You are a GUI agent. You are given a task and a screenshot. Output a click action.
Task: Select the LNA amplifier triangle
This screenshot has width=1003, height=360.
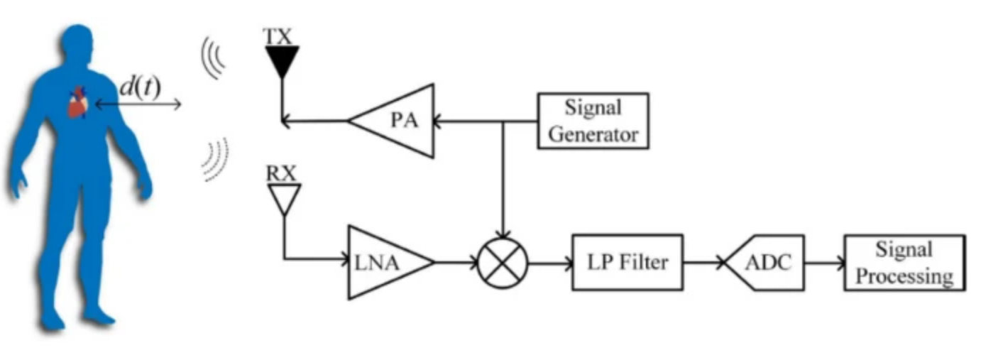click(x=383, y=263)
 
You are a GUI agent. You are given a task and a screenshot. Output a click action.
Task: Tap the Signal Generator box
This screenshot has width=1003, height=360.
click(x=593, y=121)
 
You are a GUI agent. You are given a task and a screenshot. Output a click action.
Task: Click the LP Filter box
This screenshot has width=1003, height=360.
click(x=627, y=262)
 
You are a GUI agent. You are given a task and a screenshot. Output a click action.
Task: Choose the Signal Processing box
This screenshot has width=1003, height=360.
click(x=904, y=263)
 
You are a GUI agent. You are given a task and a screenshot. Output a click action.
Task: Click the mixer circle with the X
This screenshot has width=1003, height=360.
click(x=503, y=263)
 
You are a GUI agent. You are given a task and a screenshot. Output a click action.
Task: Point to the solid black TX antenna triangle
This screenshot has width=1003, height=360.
click(x=282, y=61)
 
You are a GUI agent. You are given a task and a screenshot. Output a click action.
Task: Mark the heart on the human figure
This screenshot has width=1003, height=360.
click(x=77, y=104)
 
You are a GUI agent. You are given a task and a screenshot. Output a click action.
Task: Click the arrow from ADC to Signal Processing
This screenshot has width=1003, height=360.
click(x=823, y=263)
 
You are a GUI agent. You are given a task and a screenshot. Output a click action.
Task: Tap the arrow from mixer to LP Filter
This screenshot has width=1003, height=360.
click(x=550, y=263)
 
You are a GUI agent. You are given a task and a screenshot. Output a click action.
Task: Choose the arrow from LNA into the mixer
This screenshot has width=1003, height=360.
click(x=454, y=263)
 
